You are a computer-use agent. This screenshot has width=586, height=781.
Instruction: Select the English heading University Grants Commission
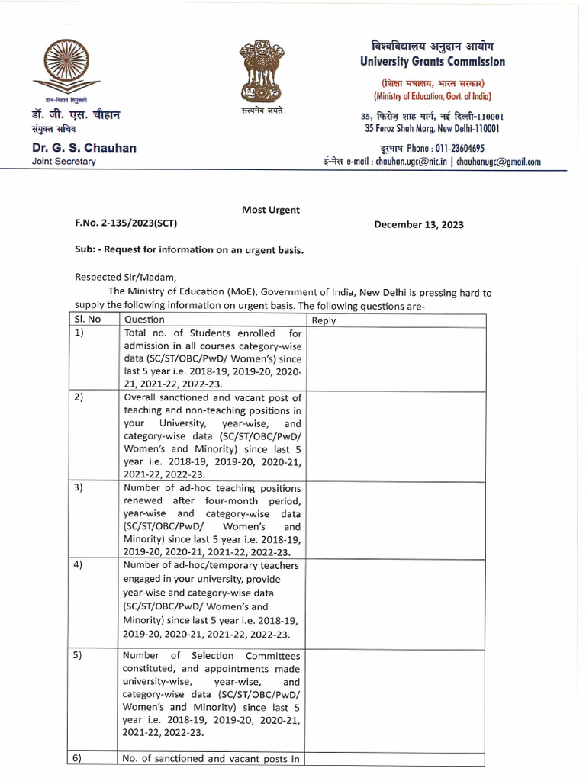[x=432, y=62]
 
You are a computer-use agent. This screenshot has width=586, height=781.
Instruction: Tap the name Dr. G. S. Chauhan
[x=84, y=148]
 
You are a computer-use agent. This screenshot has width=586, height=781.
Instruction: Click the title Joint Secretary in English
[x=64, y=162]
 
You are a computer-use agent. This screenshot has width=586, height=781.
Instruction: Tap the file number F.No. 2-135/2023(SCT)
[x=126, y=224]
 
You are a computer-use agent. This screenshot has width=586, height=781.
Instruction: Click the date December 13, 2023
[x=418, y=224]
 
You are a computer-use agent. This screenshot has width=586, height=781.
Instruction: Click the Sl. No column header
[x=89, y=320]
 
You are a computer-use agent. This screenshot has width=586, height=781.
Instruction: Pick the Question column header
[x=144, y=320]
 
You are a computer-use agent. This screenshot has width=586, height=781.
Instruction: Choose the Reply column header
[x=324, y=320]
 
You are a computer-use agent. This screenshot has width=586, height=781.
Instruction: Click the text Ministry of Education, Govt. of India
[x=432, y=96]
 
